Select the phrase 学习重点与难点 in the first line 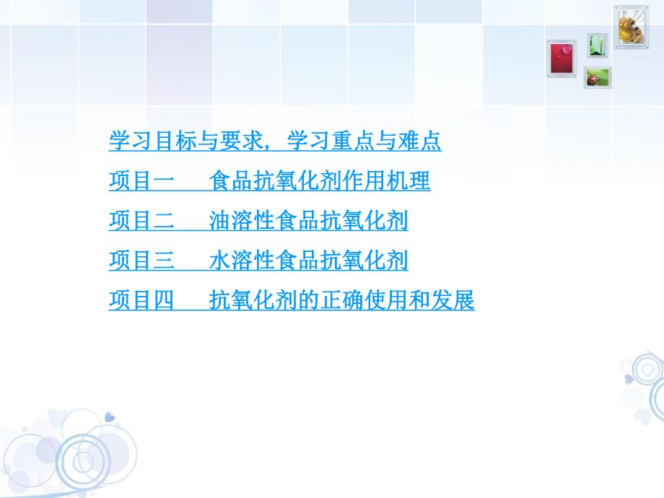tap(364, 141)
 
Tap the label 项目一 tap(141, 181)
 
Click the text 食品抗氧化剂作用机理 tap(320, 181)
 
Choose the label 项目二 tap(141, 221)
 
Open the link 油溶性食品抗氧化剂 tap(308, 221)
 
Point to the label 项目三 tap(141, 261)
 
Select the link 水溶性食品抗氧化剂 tap(308, 261)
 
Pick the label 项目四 tap(141, 300)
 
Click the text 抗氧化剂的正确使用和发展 tap(342, 300)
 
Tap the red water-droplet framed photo tap(562, 57)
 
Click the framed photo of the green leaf tap(597, 45)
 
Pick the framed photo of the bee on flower tap(631, 27)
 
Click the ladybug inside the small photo tap(595, 78)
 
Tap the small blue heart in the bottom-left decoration tap(109, 416)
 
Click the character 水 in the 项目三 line tap(219, 261)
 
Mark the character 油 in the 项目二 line tap(219, 221)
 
